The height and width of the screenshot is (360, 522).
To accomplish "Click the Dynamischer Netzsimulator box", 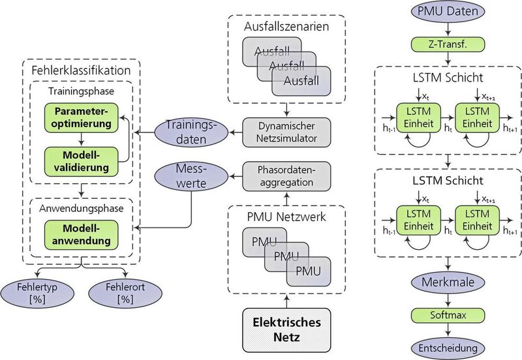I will click(286, 132).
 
